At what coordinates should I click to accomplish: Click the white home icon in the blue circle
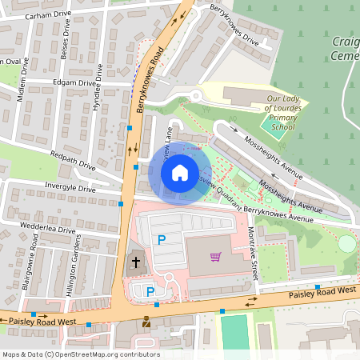pos(180,173)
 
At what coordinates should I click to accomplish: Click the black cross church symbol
pos(136,262)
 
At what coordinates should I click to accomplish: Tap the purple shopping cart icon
pos(215,257)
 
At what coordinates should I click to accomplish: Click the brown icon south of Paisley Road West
pos(145,323)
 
